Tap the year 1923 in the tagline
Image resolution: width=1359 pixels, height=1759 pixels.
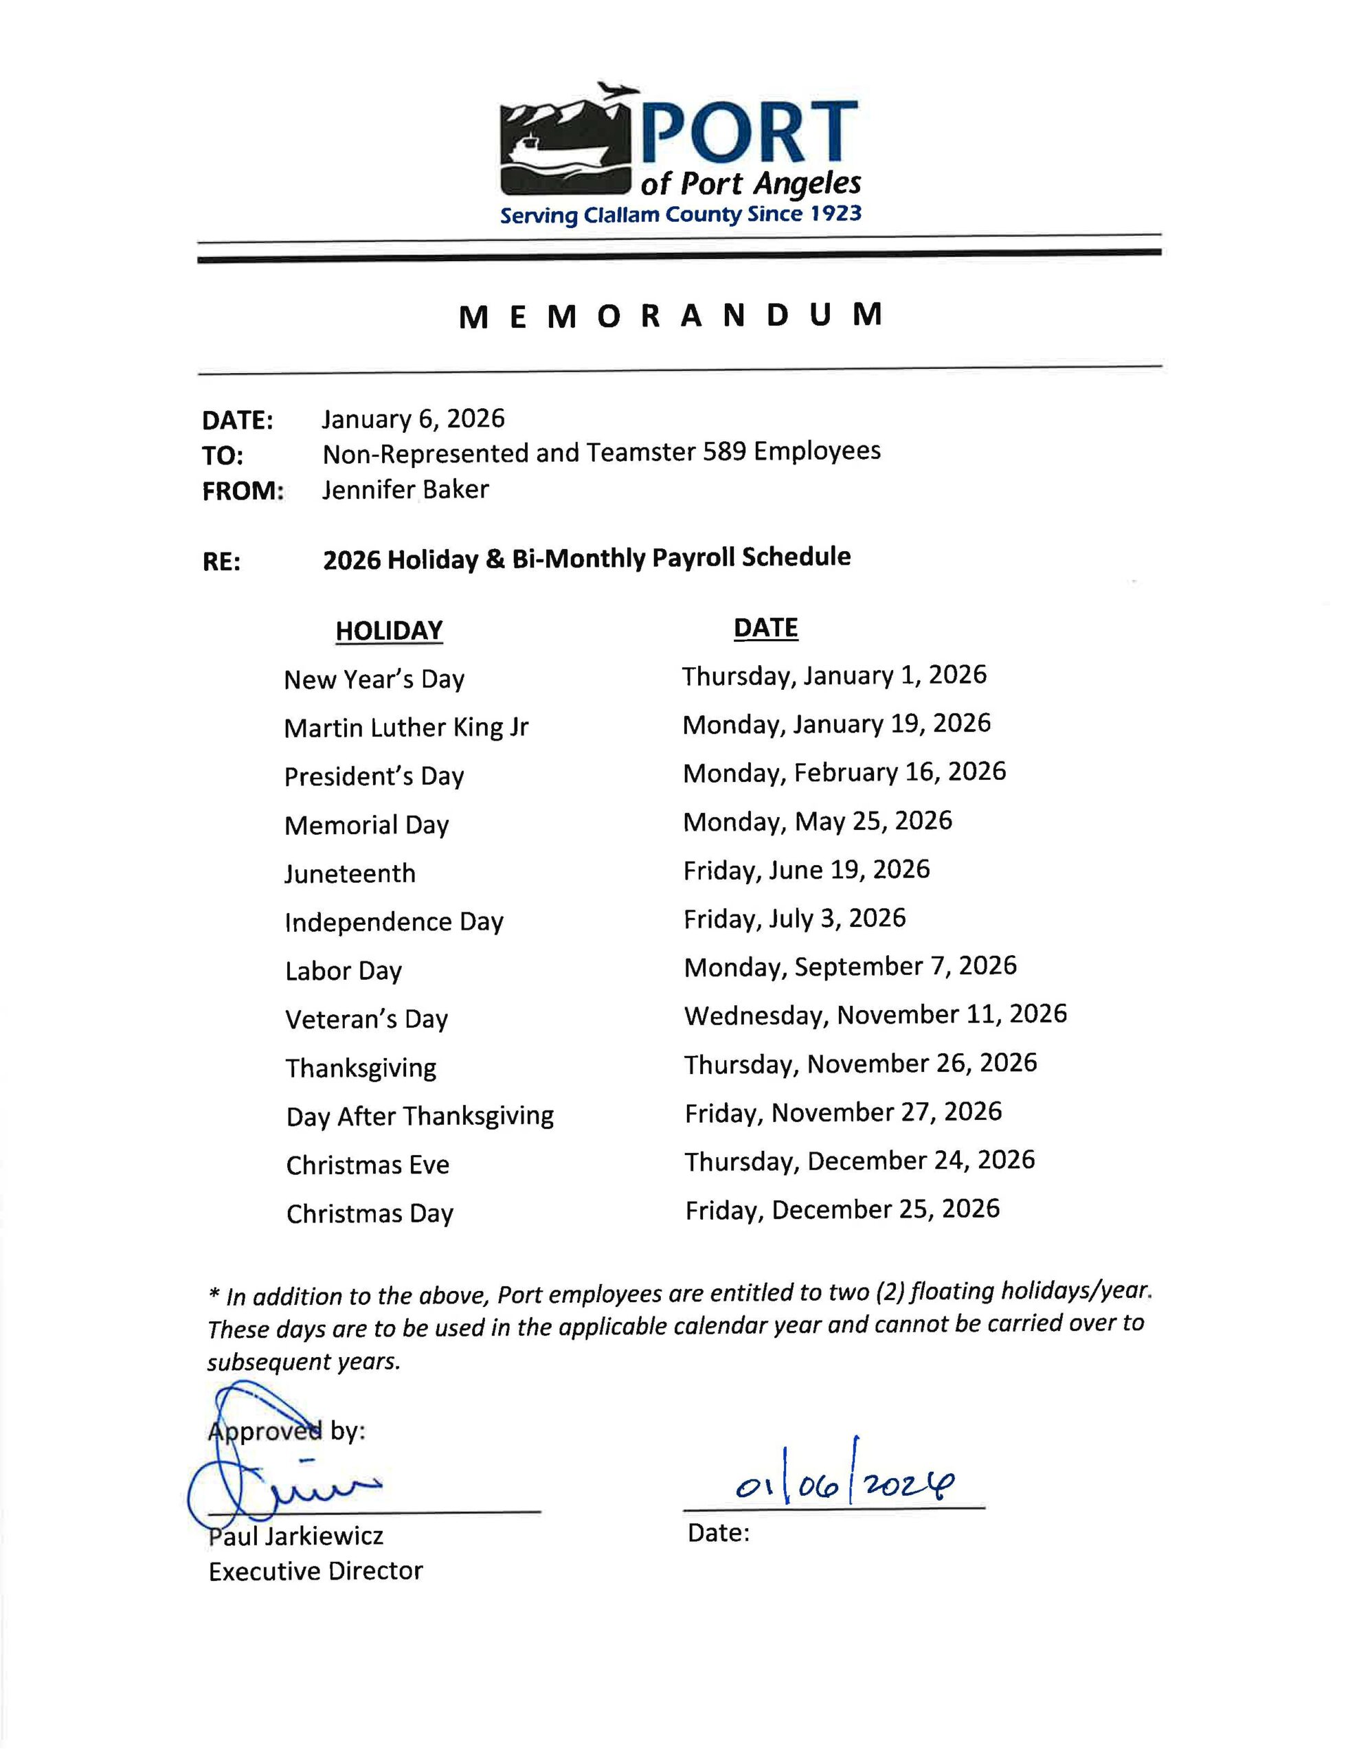835,214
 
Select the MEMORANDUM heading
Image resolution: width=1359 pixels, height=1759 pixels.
671,315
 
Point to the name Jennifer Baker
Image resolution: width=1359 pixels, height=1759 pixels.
405,490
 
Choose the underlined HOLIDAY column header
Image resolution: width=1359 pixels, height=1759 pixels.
389,630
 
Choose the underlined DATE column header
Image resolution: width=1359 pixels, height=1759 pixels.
765,627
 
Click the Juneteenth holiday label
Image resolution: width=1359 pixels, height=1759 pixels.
350,873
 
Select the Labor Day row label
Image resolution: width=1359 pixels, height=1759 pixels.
343,970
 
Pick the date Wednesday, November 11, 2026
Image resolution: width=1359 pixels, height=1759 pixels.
875,1015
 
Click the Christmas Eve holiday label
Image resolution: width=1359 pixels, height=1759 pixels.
368,1165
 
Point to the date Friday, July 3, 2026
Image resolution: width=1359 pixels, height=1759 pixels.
794,918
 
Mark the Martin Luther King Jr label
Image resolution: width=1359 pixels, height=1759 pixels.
406,727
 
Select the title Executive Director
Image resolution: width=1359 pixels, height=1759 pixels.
315,1571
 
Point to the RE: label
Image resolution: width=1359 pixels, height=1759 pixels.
221,561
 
